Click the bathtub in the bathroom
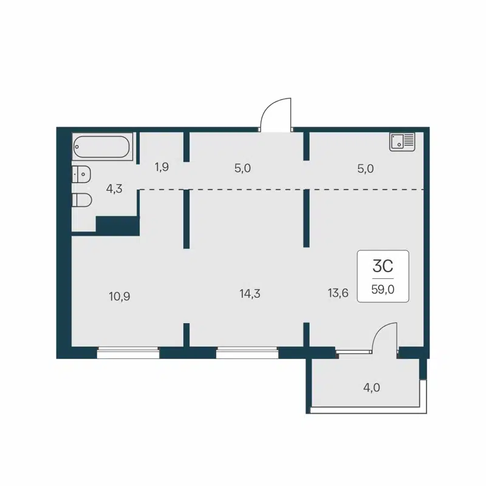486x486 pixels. pos(101,147)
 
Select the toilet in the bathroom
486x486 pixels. pos(82,200)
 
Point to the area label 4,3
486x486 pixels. pos(114,188)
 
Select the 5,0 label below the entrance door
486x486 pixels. pos(242,168)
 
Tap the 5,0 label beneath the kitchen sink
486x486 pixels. pos(365,168)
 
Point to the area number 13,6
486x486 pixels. pos(338,293)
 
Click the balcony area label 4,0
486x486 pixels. pos(372,387)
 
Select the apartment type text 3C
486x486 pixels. pos(383,266)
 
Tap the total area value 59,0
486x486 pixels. pos(383,289)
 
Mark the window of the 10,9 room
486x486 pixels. pos(128,352)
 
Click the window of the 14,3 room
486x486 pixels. pos(247,352)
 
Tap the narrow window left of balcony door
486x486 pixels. pos(354,351)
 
